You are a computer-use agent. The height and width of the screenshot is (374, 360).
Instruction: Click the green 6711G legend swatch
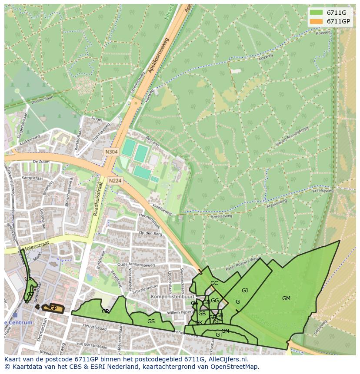tap(316, 13)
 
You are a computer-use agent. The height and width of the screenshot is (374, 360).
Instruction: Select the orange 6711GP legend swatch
tap(316, 21)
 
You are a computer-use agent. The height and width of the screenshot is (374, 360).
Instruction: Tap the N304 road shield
tap(111, 152)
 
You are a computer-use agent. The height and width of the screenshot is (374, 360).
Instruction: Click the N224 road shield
tap(115, 181)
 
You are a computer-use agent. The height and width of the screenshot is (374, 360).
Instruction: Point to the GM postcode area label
tap(286, 298)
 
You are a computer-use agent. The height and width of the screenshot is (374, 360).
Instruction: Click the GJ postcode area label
tap(245, 291)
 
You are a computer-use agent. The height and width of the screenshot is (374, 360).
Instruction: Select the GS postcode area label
tap(151, 321)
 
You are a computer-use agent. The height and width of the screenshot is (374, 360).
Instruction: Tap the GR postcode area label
tap(105, 311)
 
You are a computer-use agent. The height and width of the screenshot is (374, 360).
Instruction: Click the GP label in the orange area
tap(53, 308)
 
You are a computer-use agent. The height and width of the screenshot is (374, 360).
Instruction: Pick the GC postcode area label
tap(214, 283)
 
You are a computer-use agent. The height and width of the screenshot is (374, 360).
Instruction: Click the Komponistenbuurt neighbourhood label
tap(168, 297)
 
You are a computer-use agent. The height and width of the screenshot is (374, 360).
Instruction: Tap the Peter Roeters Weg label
tap(238, 264)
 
